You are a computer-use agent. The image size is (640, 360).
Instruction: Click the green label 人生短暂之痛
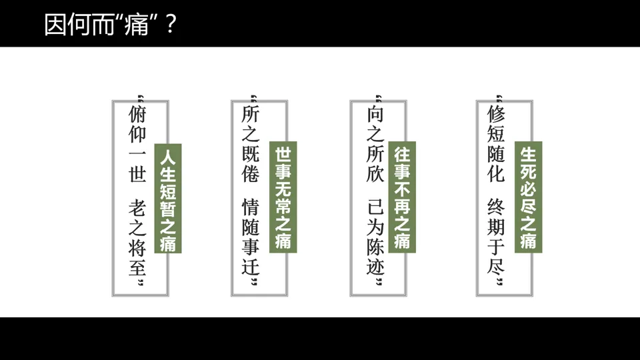pyautogui.click(x=168, y=198)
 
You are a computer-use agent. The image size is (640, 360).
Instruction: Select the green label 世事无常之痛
pyautogui.click(x=283, y=197)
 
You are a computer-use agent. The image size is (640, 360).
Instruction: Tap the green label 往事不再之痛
pyautogui.click(x=402, y=197)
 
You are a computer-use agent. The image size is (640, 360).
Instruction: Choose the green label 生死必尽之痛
pyautogui.click(x=528, y=197)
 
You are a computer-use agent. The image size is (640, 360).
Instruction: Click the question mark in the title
pyautogui.click(x=171, y=25)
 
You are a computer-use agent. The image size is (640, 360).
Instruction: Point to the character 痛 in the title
pyautogui.click(x=136, y=25)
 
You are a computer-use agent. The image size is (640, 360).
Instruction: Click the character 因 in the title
pyautogui.click(x=55, y=25)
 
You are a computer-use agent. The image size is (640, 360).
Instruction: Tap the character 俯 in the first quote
pyautogui.click(x=137, y=114)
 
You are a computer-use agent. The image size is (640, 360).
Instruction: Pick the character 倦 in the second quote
pyautogui.click(x=251, y=175)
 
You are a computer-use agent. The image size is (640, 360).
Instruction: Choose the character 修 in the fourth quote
pyautogui.click(x=497, y=114)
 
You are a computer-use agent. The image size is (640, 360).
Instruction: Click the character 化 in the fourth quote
pyautogui.click(x=497, y=175)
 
